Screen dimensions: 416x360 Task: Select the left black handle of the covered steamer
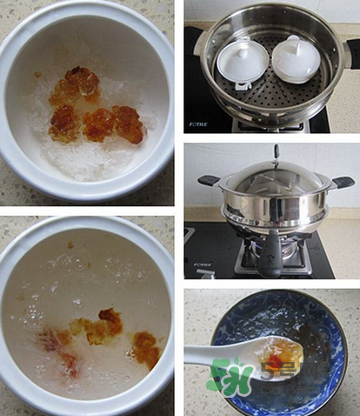coord(210,180)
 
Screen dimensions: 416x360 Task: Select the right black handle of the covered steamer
coord(343,182)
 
